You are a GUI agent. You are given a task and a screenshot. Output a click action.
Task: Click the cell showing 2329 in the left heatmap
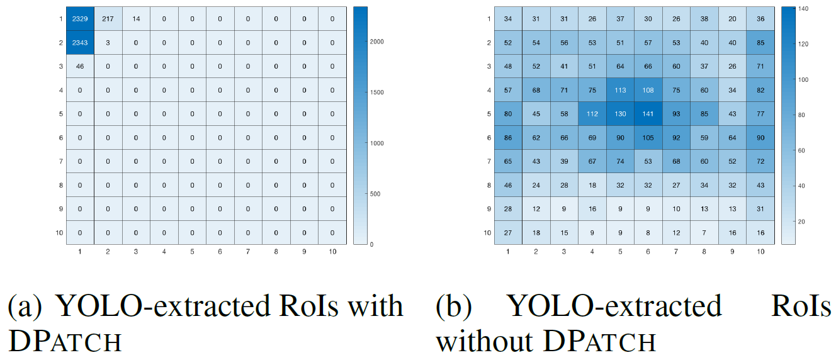click(x=80, y=20)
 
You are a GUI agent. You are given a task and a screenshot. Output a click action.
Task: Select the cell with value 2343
click(x=80, y=43)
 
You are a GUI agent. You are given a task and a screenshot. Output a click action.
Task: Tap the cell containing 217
click(x=108, y=20)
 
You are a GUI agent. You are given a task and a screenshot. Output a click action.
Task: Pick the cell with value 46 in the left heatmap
click(x=80, y=67)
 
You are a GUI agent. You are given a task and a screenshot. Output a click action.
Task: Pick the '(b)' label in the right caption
click(x=455, y=307)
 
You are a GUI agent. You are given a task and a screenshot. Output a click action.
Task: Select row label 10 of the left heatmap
click(x=60, y=233)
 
